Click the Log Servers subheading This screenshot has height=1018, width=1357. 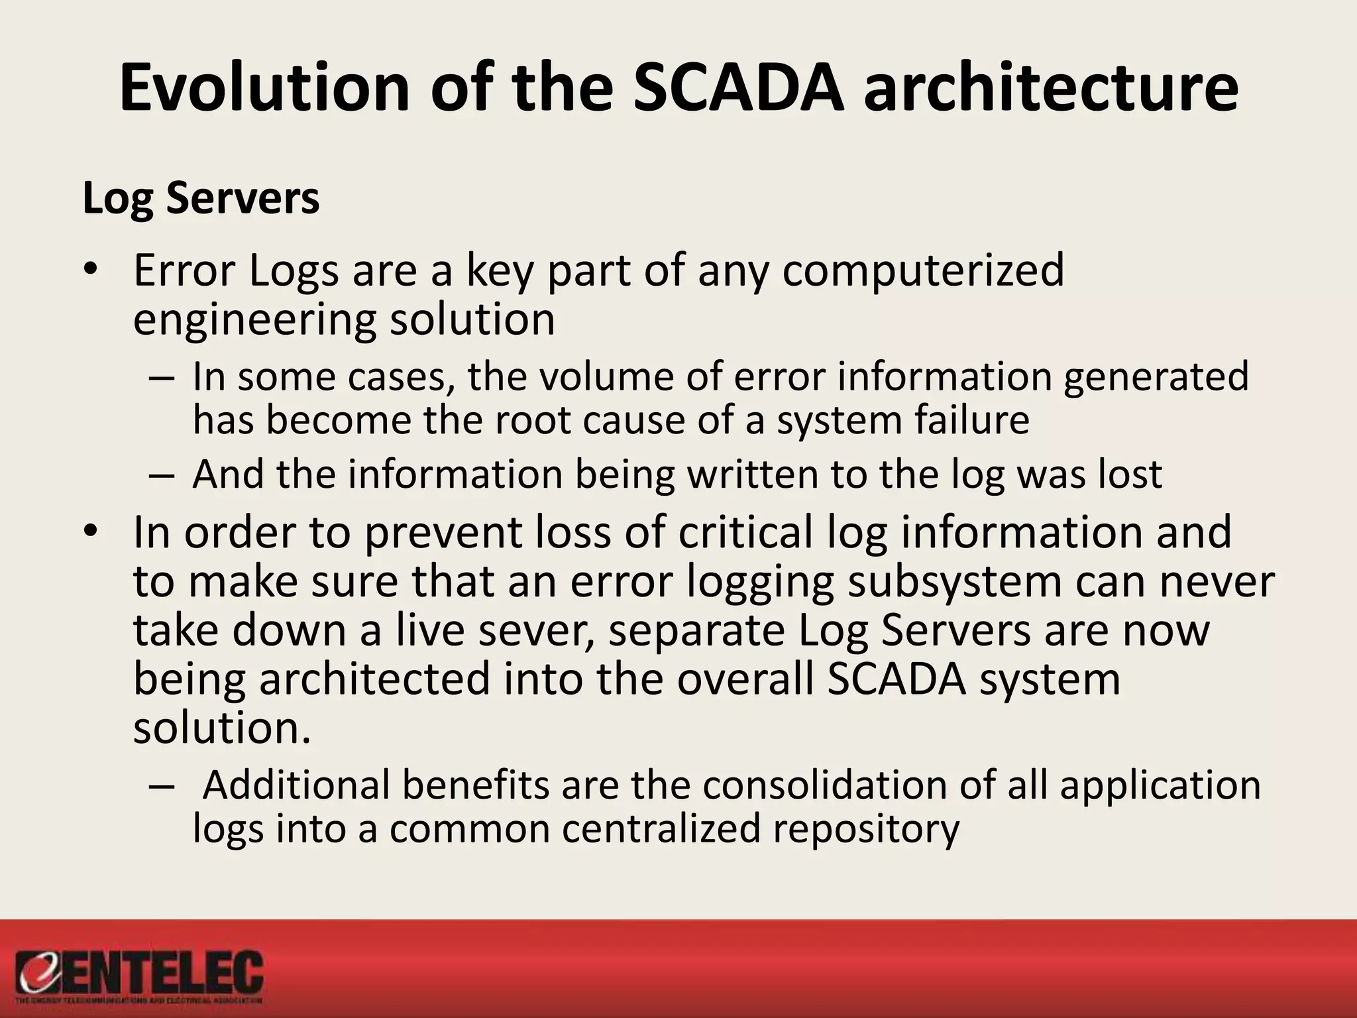tap(201, 198)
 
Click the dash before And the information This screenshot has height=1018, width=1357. tap(161, 475)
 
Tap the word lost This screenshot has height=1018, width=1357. tap(1130, 475)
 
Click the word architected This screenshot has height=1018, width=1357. tap(374, 679)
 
